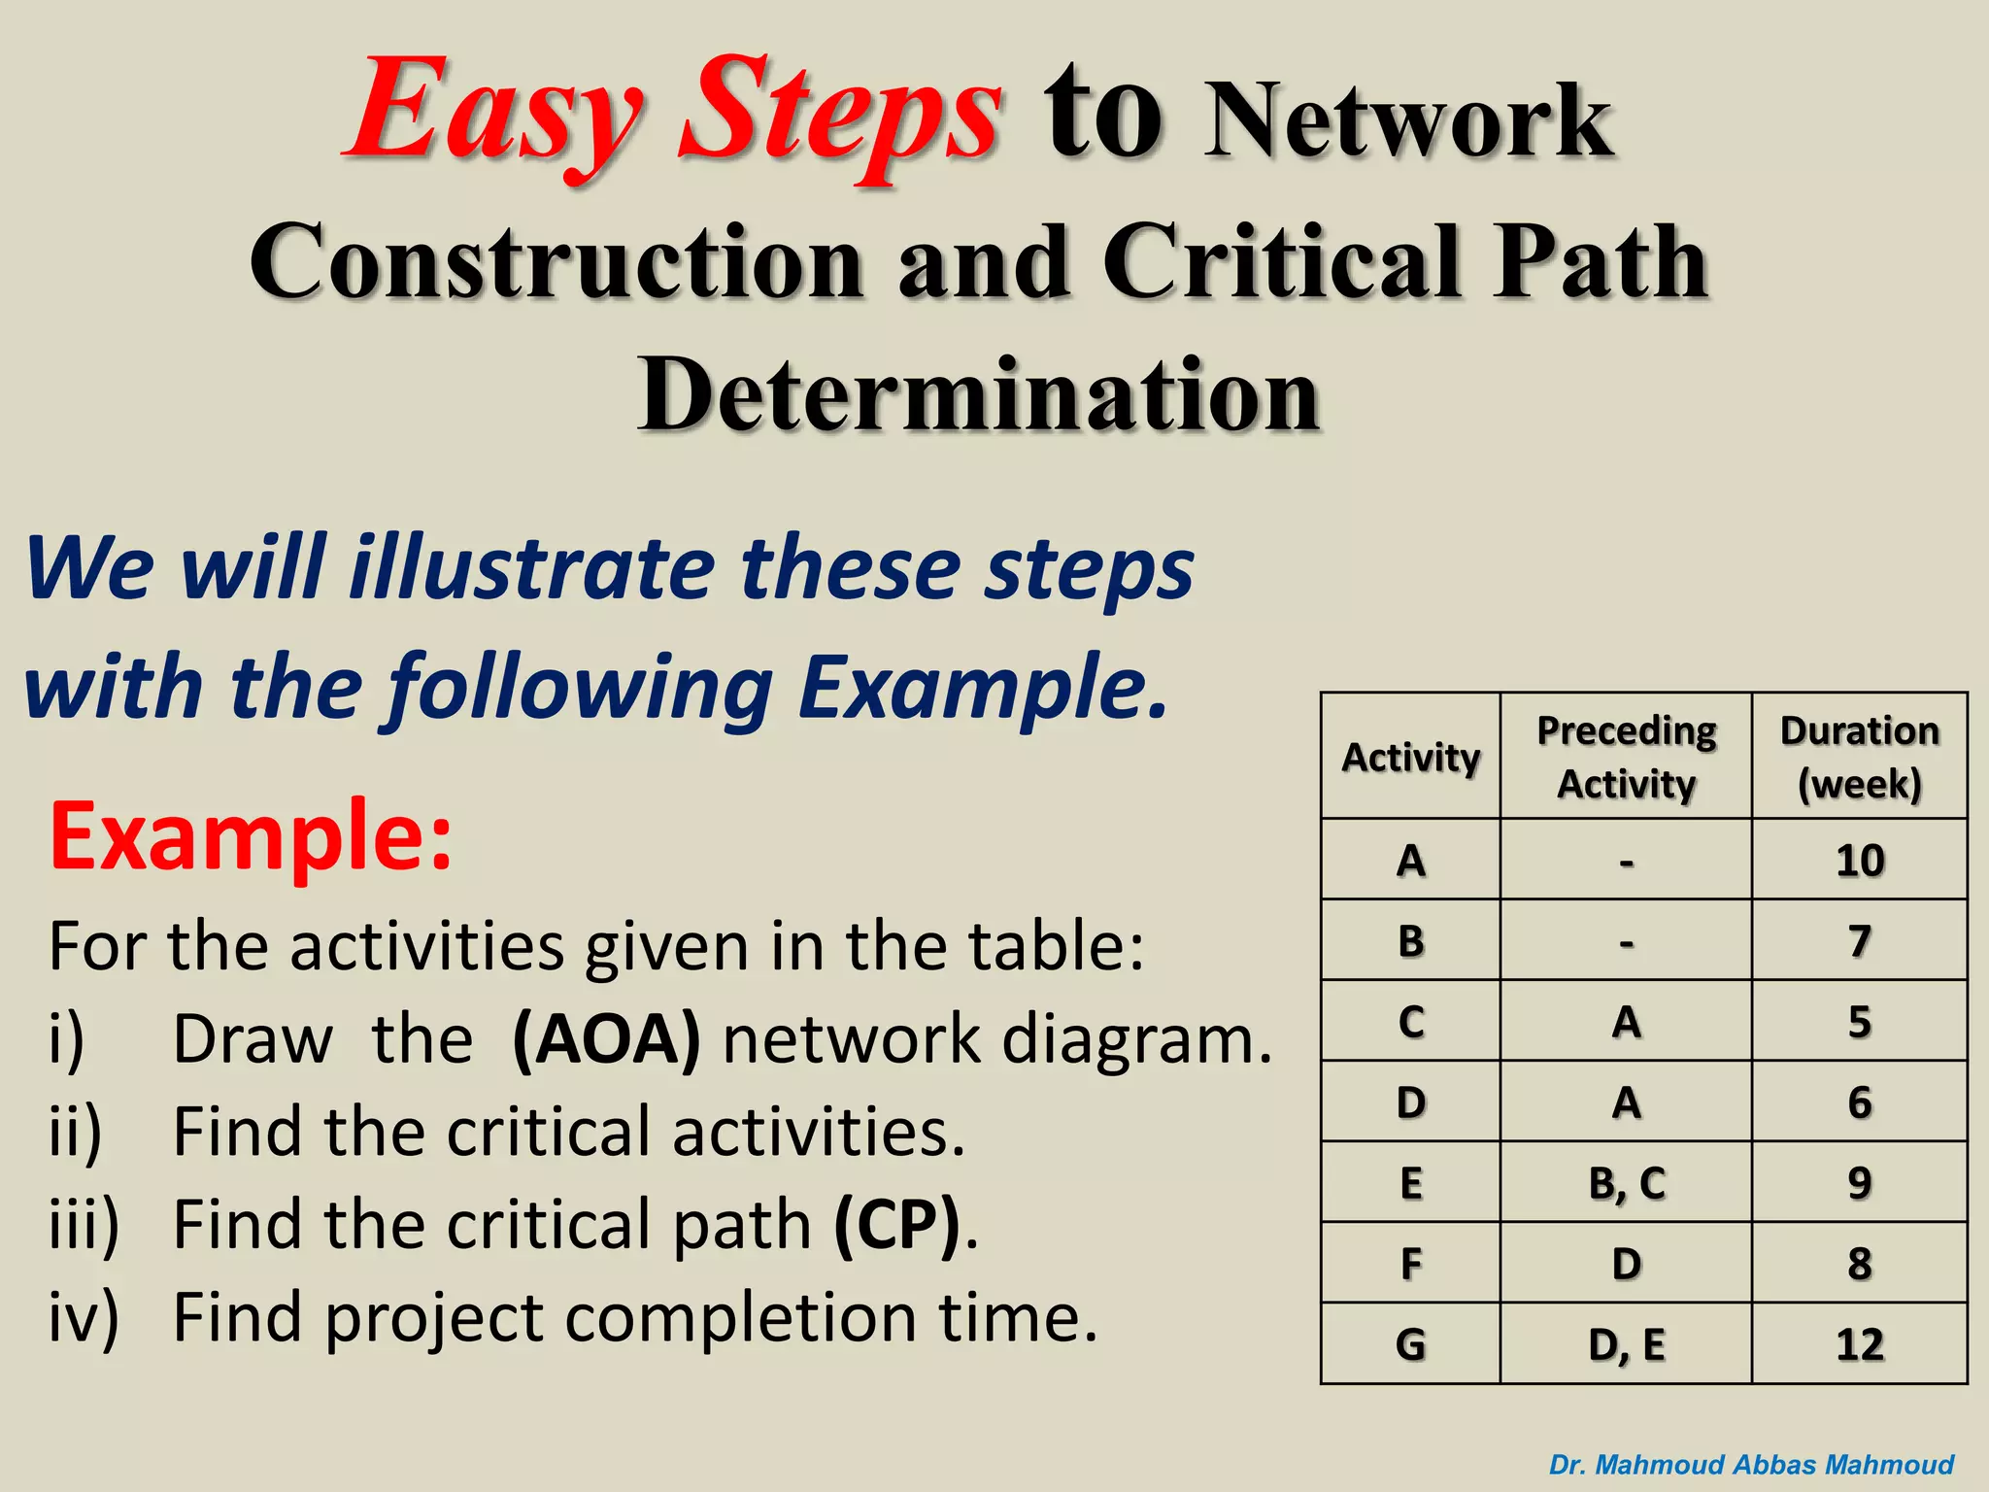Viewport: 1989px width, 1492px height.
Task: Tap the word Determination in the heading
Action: pyautogui.click(x=978, y=395)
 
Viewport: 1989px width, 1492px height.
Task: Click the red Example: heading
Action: pyautogui.click(x=251, y=835)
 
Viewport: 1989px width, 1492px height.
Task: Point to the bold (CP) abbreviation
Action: pyautogui.click(x=898, y=1225)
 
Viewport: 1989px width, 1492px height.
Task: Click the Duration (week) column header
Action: pyautogui.click(x=1859, y=757)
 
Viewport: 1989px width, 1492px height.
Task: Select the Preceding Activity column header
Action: pyautogui.click(x=1626, y=757)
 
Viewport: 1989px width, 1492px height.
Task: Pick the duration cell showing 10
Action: pyautogui.click(x=1859, y=861)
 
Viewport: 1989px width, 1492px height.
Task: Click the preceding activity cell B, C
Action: pyautogui.click(x=1626, y=1183)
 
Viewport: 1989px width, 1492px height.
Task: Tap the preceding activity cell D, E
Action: pyautogui.click(x=1626, y=1344)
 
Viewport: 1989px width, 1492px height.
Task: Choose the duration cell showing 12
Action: pyautogui.click(x=1859, y=1344)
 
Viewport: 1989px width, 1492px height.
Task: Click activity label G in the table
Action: pyautogui.click(x=1410, y=1344)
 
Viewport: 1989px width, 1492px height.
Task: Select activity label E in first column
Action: pyautogui.click(x=1410, y=1183)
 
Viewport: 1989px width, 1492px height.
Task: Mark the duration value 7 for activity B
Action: pyautogui.click(x=1859, y=940)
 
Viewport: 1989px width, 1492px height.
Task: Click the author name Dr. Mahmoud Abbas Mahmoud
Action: pyautogui.click(x=1751, y=1465)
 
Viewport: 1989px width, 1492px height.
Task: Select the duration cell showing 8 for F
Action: pyautogui.click(x=1859, y=1264)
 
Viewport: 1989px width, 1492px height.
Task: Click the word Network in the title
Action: pyautogui.click(x=1407, y=121)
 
